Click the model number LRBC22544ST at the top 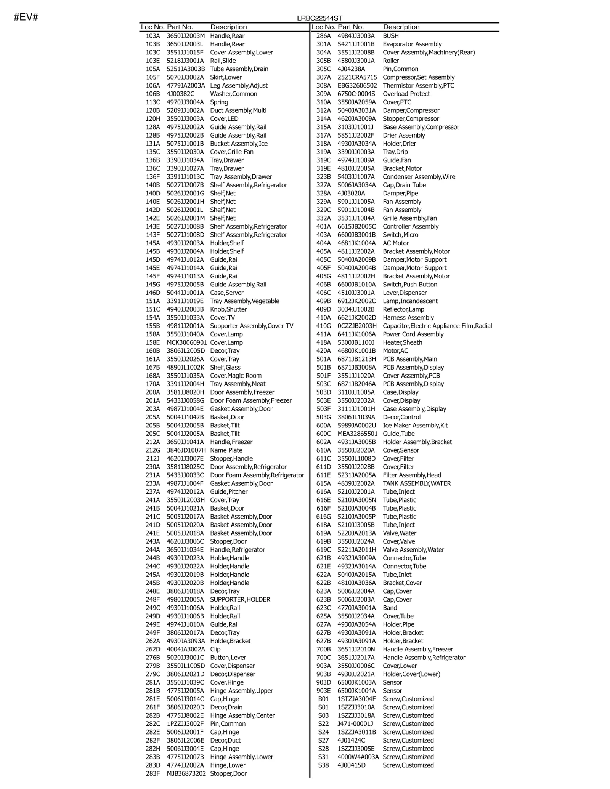click(319, 18)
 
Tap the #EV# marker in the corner click(26, 17)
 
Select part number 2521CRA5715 click(357, 77)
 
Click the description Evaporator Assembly click(412, 44)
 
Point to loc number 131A click(152, 144)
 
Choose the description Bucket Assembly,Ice click(239, 144)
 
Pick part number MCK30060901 click(186, 342)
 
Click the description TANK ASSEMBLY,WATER click(417, 483)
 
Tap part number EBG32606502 click(357, 86)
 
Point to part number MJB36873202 click(186, 774)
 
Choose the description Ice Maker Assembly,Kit click(415, 426)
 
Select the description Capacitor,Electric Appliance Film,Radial click(437, 326)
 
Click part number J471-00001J click(355, 724)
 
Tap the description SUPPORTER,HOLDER click(240, 600)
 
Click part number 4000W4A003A click(358, 757)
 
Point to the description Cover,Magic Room click(236, 376)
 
